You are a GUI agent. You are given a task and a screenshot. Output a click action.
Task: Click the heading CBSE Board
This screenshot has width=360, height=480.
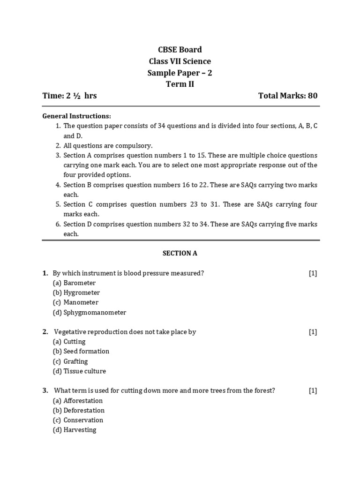[x=180, y=50]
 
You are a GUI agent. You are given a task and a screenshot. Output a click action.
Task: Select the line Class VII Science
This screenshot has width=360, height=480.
[x=180, y=61]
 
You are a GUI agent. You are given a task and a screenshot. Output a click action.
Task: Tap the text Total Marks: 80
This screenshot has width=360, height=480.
[x=288, y=96]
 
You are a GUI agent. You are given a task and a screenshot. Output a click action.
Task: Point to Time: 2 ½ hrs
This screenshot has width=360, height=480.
[x=70, y=96]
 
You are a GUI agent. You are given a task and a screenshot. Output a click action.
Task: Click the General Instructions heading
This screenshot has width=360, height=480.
[x=77, y=116]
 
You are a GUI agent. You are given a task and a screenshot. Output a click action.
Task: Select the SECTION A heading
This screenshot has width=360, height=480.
[x=180, y=253]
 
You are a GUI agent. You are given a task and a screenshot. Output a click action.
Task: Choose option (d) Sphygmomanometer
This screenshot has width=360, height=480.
[x=90, y=312]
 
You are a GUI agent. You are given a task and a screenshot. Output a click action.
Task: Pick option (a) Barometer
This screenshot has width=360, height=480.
[x=74, y=283]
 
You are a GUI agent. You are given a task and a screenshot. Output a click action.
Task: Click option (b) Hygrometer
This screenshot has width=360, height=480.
[x=76, y=292]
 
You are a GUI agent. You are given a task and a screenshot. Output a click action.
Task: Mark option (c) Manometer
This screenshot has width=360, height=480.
[x=75, y=302]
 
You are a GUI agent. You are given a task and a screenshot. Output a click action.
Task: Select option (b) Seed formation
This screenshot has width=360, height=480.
[x=81, y=351]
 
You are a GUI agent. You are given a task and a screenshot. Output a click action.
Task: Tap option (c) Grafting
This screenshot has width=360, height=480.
[x=70, y=361]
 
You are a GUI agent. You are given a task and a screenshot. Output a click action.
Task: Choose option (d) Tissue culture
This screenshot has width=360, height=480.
[x=79, y=371]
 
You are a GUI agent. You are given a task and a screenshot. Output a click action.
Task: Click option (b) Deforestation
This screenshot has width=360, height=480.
[x=78, y=411]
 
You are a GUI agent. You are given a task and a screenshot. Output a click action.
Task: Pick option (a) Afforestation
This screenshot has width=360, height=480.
[x=77, y=401]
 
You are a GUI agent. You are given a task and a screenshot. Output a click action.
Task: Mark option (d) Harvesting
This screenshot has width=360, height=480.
[x=74, y=430]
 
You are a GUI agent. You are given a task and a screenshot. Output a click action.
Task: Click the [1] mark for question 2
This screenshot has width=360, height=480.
[x=313, y=332]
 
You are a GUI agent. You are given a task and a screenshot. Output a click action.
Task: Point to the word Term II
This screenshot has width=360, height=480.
[x=180, y=84]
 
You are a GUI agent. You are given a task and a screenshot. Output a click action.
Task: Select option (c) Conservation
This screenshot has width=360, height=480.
[x=78, y=420]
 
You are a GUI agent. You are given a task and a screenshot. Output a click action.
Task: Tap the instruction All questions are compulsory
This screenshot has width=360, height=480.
[x=108, y=145]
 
